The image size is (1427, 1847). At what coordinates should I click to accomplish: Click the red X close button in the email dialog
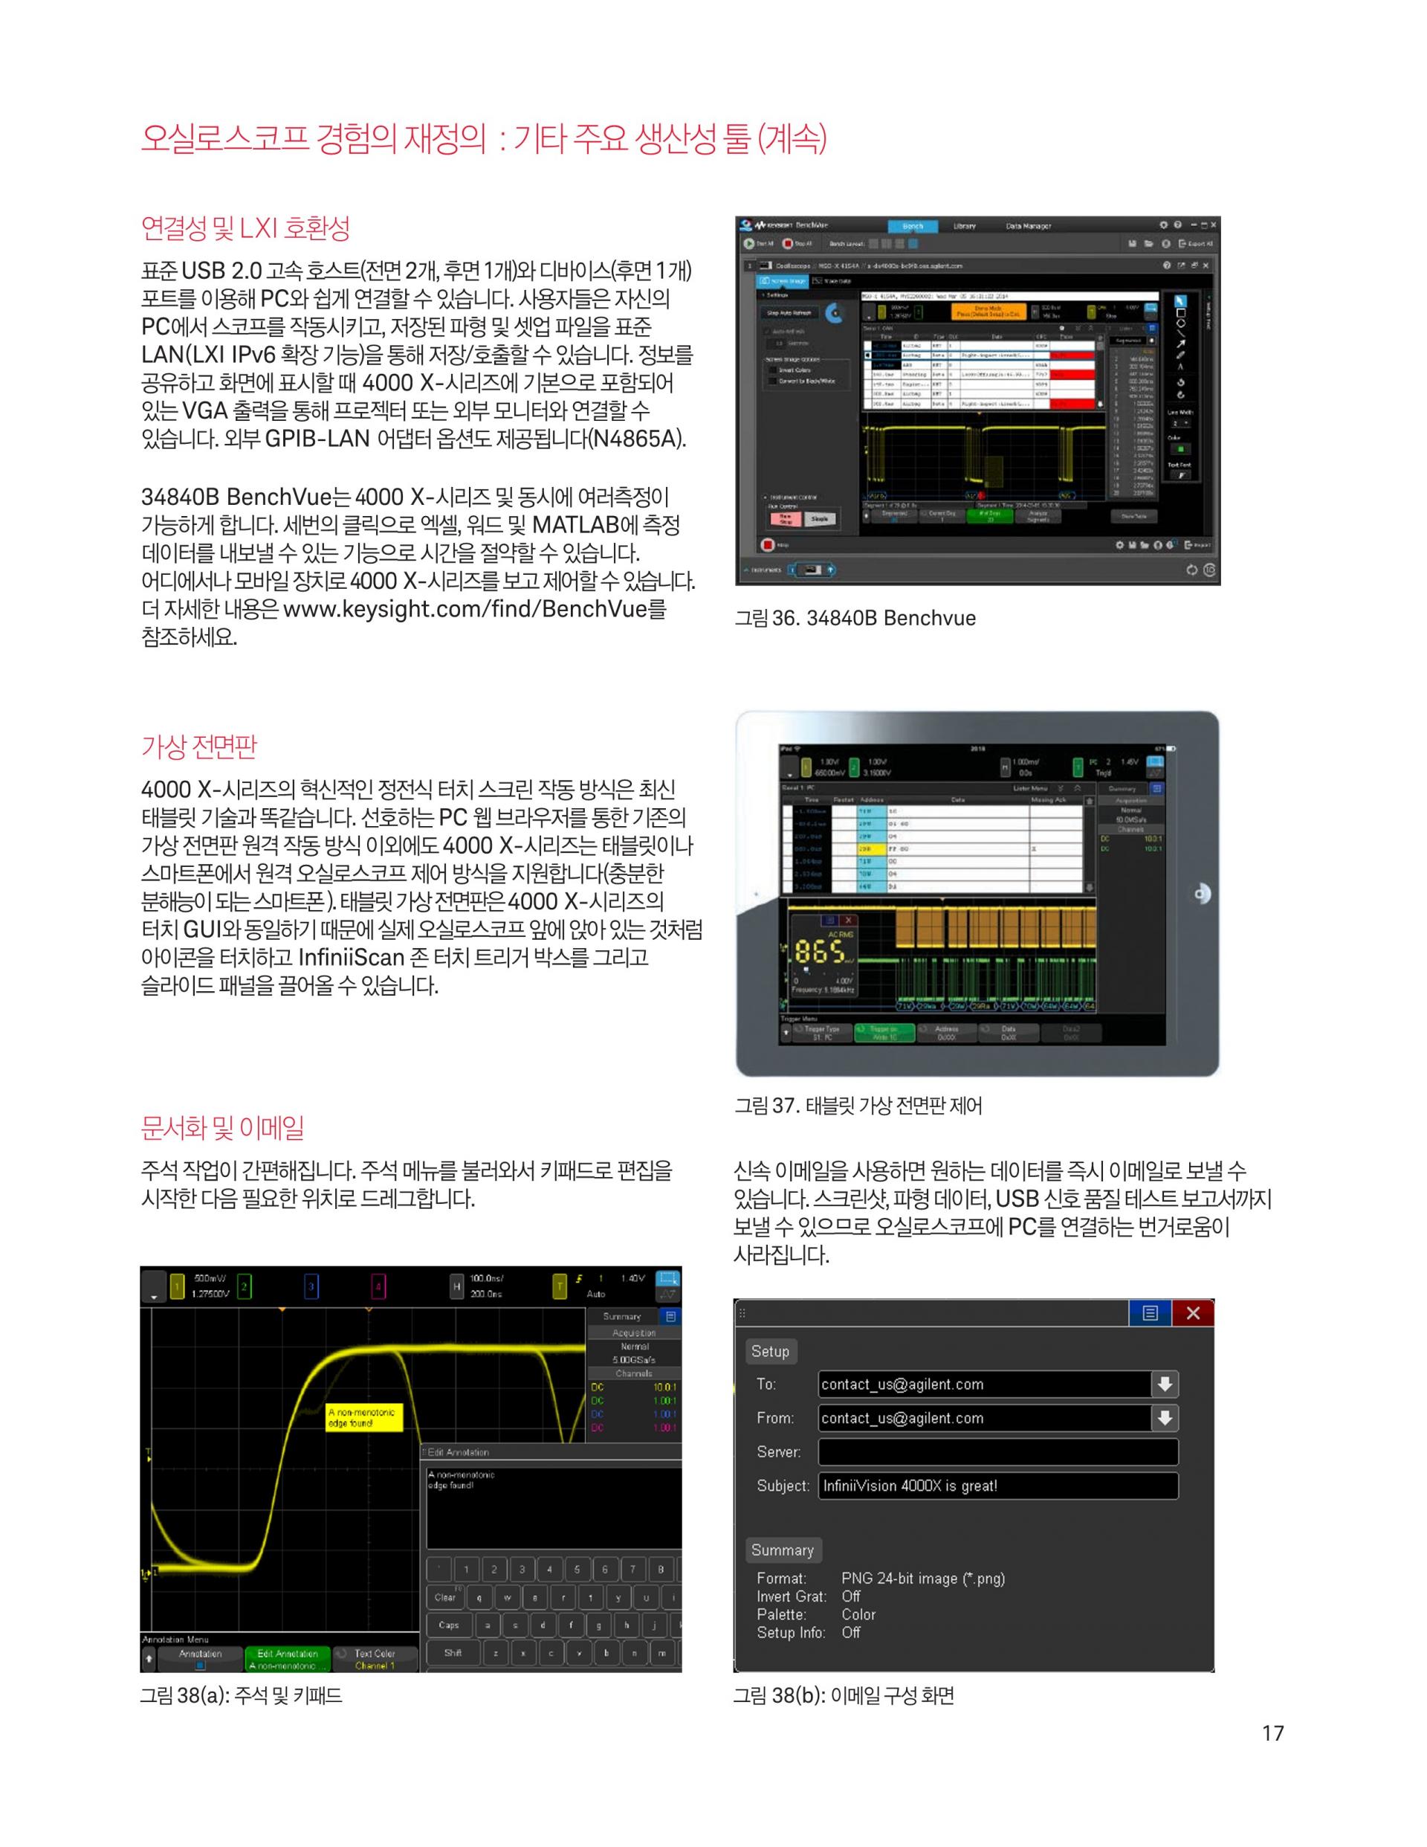1193,1312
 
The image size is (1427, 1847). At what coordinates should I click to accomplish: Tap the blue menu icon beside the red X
1150,1312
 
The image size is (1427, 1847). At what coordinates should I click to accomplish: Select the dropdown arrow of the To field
1165,1385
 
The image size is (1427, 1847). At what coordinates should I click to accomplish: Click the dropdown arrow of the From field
1165,1418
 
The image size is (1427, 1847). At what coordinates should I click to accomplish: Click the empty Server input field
997,1452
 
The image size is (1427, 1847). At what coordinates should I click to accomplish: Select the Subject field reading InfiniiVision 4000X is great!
997,1486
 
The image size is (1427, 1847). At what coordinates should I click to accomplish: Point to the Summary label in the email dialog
782,1550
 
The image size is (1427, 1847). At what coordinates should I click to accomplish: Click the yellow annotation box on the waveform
363,1417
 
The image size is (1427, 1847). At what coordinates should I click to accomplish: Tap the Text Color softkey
375,1658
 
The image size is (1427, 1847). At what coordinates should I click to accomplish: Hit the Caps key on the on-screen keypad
449,1625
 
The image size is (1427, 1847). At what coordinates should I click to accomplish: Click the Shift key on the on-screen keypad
453,1652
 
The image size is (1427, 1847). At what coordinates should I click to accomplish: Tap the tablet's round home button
1201,894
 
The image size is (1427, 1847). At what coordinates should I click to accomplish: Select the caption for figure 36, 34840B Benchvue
855,618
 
